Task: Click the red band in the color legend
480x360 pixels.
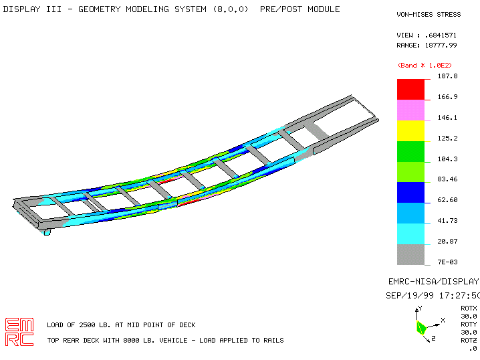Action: [410, 90]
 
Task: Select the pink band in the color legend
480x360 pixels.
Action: [410, 110]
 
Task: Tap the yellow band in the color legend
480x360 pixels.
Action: [410, 131]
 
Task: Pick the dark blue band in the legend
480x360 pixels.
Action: [410, 193]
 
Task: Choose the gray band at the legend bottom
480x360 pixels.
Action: [410, 254]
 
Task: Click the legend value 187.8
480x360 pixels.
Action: [447, 76]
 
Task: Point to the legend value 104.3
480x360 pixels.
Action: [447, 159]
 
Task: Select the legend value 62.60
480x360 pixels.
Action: [447, 200]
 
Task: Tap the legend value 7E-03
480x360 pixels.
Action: [447, 262]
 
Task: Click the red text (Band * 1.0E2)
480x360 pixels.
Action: [425, 66]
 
